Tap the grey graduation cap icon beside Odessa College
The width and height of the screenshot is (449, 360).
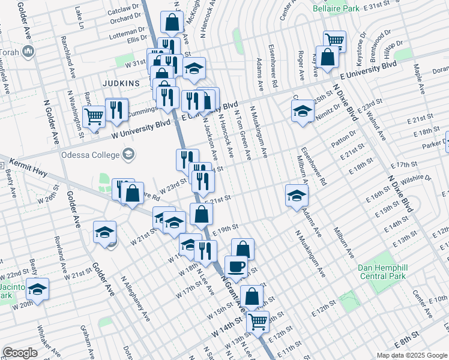127,155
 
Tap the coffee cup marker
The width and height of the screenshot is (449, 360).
236,266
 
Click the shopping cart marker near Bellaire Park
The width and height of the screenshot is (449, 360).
334,40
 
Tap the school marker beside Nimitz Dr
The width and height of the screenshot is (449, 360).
303,110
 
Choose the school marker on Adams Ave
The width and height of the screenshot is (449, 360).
297,195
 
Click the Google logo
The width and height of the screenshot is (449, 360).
20,353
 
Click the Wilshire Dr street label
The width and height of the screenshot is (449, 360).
418,179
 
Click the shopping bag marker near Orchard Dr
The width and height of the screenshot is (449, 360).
172,23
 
